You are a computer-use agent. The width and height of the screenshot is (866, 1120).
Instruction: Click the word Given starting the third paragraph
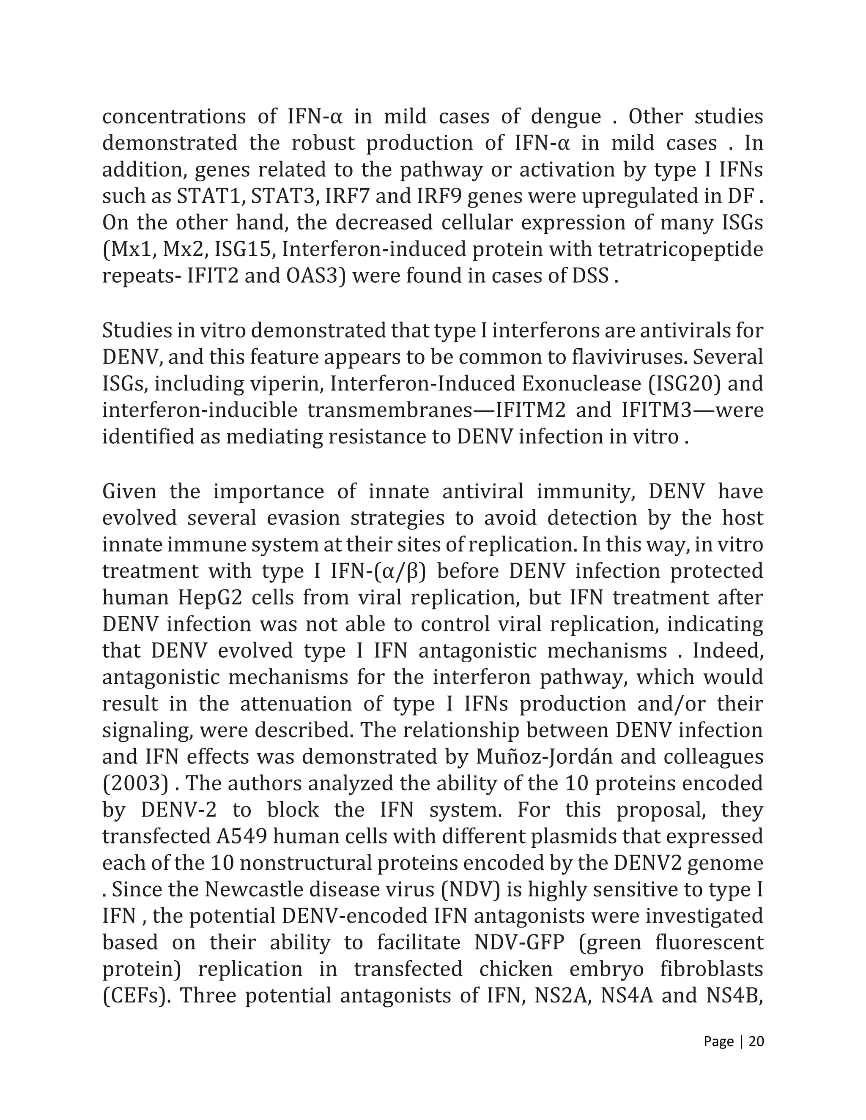129,491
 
